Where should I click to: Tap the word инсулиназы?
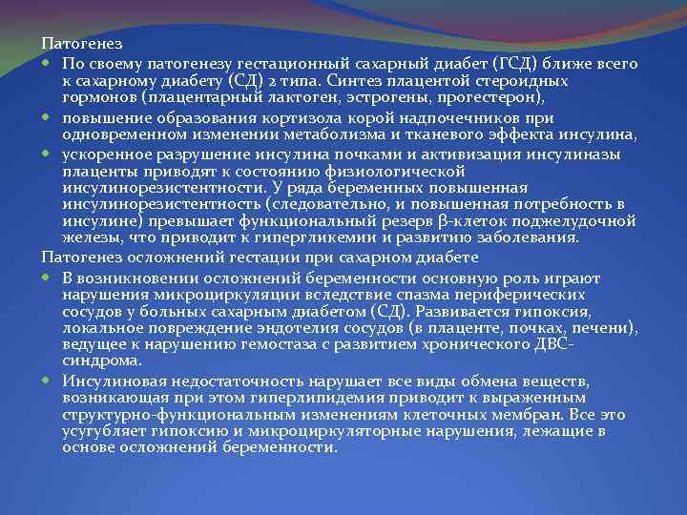pyautogui.click(x=566, y=154)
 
